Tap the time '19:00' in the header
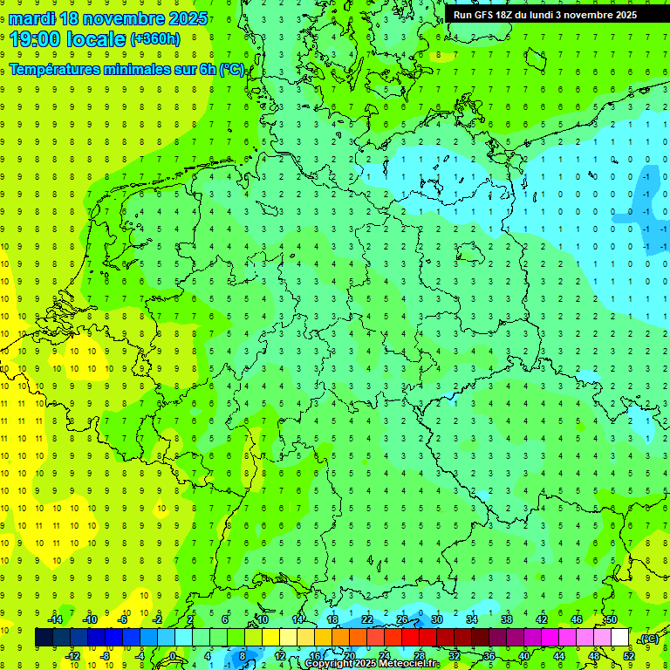pos(35,38)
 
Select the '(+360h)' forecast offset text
pos(155,38)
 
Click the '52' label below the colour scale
pos(629,656)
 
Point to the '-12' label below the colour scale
pos(72,656)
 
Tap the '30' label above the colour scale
pos(436,619)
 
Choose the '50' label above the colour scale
pos(611,619)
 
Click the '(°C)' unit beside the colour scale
pos(649,639)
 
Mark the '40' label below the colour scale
pos(524,656)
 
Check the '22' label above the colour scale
pos(367,619)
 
